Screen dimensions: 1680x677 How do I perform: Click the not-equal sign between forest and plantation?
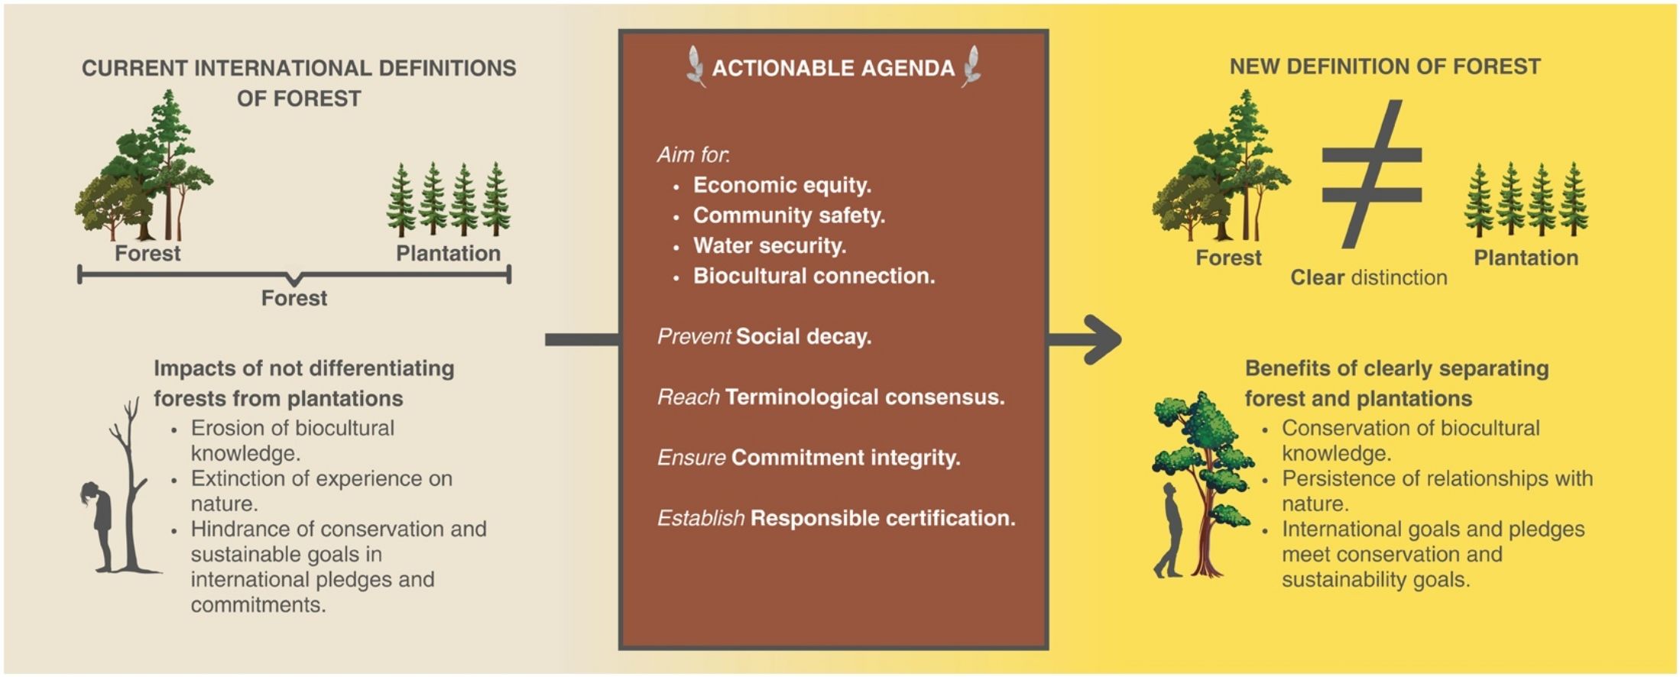[1372, 173]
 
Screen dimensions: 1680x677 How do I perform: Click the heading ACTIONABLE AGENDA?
[833, 68]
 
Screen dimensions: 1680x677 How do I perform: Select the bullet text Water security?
[770, 245]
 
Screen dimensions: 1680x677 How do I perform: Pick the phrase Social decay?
[804, 336]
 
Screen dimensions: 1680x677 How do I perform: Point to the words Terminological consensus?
[864, 397]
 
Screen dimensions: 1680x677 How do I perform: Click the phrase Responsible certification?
[883, 518]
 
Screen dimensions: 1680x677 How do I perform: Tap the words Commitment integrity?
[846, 458]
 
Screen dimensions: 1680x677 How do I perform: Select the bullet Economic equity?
[782, 185]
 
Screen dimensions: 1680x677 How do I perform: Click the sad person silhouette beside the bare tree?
[99, 526]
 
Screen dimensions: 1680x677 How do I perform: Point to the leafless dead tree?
[131, 484]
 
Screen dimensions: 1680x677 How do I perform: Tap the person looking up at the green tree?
[1170, 529]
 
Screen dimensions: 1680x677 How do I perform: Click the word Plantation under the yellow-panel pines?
[1526, 258]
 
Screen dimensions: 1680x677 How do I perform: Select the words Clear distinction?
[1369, 277]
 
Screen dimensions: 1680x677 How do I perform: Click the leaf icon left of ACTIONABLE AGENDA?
[696, 66]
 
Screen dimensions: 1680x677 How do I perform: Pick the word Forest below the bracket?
[294, 298]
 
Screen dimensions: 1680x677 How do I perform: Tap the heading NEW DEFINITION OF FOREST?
[1385, 66]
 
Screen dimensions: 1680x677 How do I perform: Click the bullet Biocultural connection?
[814, 276]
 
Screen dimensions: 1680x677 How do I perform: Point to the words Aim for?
[693, 154]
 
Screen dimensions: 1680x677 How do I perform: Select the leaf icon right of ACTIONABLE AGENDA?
[971, 66]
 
